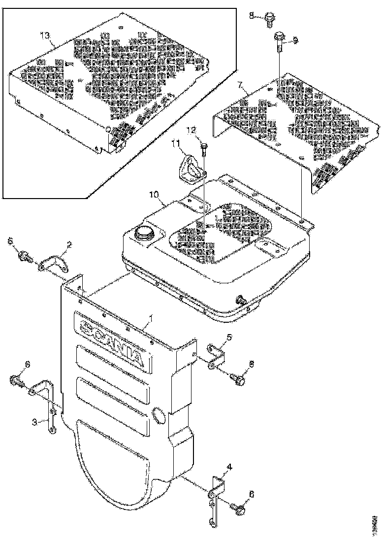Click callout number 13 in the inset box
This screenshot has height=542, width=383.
point(45,35)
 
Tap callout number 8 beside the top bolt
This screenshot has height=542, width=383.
point(252,16)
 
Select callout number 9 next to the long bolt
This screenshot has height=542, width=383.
point(296,39)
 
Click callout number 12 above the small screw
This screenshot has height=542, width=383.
point(191,130)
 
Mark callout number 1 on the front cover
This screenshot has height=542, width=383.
point(151,320)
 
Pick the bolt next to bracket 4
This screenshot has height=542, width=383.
point(239,510)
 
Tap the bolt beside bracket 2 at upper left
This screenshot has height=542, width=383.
point(25,255)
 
